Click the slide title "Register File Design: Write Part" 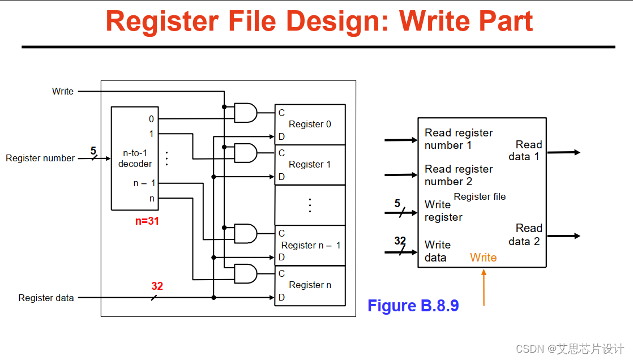click(x=319, y=21)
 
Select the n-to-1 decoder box click(x=135, y=158)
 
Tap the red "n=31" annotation click(x=147, y=221)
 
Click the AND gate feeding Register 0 click(x=245, y=113)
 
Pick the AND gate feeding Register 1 click(x=245, y=153)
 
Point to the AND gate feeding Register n click(x=245, y=273)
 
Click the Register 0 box click(x=310, y=125)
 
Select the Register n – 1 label click(x=311, y=245)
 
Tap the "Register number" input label click(x=40, y=158)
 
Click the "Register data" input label click(x=46, y=298)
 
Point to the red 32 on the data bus click(x=157, y=286)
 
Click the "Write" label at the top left click(x=63, y=91)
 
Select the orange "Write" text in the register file click(x=483, y=258)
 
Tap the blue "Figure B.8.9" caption click(x=413, y=306)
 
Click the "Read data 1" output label click(x=528, y=151)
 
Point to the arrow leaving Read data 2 click(x=563, y=235)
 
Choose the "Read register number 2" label click(x=459, y=175)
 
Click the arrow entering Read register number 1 click(x=401, y=140)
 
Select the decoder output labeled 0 click(x=151, y=119)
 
